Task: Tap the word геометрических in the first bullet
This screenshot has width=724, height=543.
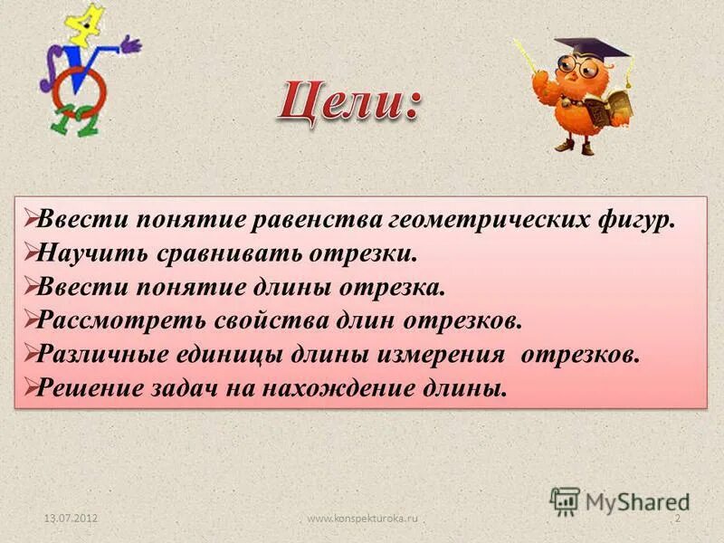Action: (487, 222)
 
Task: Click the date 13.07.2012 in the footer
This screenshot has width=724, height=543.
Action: (71, 518)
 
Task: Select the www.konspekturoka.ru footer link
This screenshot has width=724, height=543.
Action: (362, 518)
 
